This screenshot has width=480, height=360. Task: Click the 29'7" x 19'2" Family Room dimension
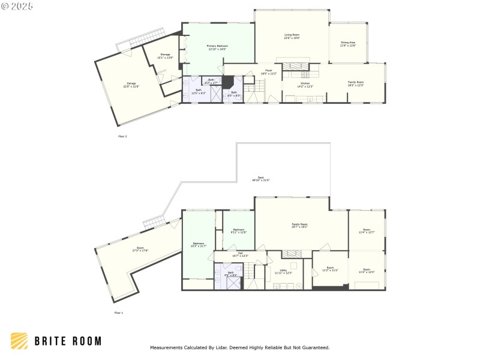coord(299,227)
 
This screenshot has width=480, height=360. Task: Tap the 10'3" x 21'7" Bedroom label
coord(198,245)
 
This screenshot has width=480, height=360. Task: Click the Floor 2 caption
coord(122,136)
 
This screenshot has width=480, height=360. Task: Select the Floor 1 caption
coord(118,313)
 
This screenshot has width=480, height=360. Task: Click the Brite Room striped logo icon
coord(19,341)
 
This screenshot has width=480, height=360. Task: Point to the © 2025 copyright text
coord(17,6)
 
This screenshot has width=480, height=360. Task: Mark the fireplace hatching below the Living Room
coord(295,66)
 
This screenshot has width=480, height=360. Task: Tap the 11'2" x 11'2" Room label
coord(330,269)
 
